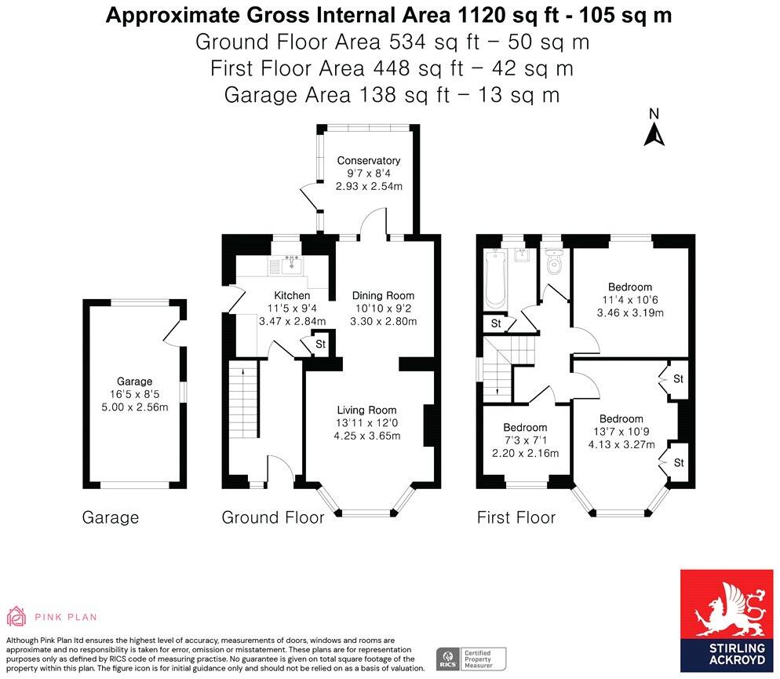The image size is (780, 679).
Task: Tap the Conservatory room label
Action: (x=369, y=161)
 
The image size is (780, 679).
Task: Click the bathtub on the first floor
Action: (x=495, y=278)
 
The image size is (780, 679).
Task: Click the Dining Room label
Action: (x=383, y=295)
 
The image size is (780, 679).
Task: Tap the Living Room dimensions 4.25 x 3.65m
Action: (x=367, y=436)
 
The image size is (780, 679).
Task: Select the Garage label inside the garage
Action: (x=134, y=381)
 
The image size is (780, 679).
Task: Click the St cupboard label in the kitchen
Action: (x=320, y=345)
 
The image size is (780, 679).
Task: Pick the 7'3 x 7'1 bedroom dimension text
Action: (x=525, y=440)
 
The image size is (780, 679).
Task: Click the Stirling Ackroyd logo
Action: (x=727, y=621)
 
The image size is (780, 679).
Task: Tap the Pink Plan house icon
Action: (x=16, y=616)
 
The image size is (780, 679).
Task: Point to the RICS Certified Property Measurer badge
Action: (x=471, y=659)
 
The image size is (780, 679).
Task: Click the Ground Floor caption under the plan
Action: (x=272, y=517)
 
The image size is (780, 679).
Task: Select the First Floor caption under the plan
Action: (x=516, y=517)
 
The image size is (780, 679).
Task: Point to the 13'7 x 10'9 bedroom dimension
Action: (x=621, y=432)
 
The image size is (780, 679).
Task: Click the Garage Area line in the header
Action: (x=392, y=94)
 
